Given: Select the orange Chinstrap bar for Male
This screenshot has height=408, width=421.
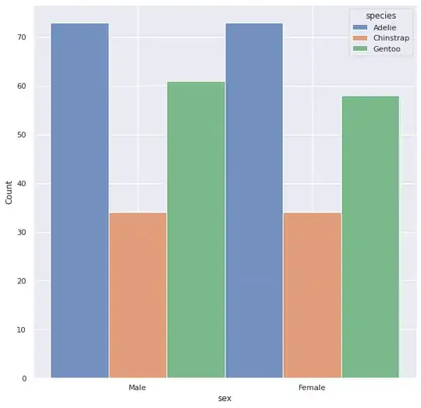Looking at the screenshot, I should [138, 295].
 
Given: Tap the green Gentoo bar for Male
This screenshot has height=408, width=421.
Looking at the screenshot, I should [196, 230].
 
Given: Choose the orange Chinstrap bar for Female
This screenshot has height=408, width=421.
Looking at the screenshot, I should [312, 295].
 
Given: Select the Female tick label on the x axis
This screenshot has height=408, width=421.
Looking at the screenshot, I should [312, 387].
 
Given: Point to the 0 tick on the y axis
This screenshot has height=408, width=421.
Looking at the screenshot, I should [25, 378].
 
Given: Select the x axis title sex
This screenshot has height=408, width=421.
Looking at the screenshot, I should [225, 398].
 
